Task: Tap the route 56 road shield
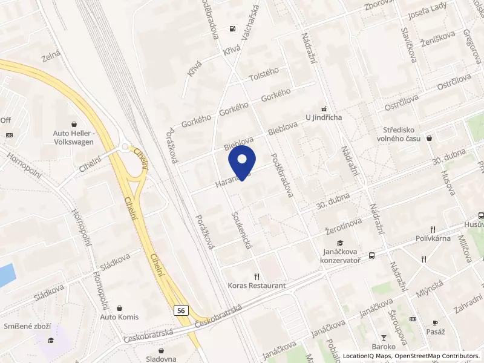pos(180,310)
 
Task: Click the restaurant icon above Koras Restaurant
pos(256,275)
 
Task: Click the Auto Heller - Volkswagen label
pos(73,137)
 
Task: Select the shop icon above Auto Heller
pos(73,123)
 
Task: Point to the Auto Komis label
pos(119,317)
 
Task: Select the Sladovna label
pos(162,359)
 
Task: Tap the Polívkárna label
pos(433,238)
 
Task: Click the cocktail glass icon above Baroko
pos(383,337)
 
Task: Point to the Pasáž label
pos(435,332)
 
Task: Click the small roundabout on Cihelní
pos(125,146)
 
